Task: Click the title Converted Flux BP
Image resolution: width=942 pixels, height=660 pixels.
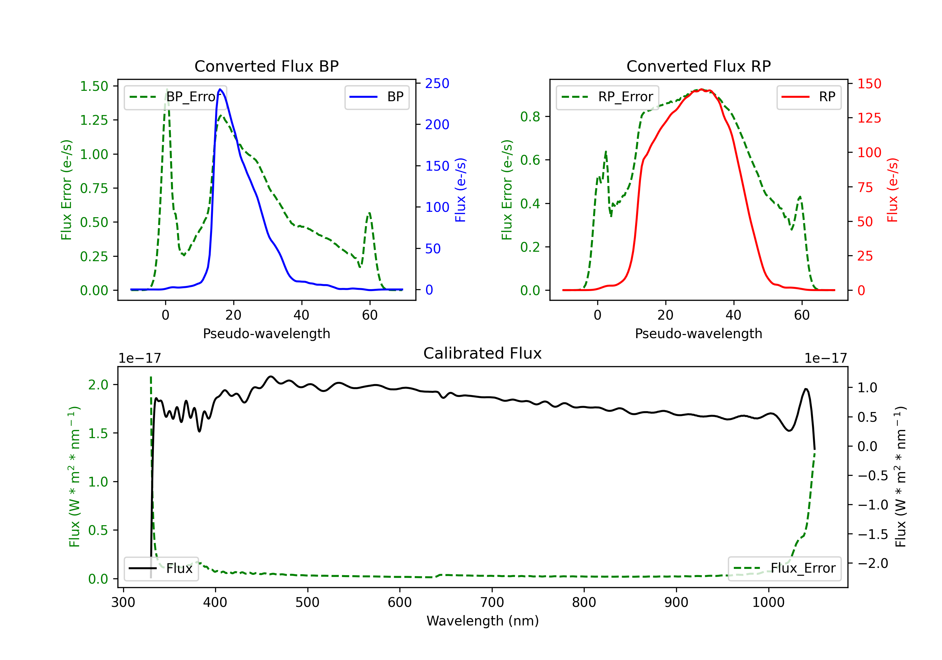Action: [266, 66]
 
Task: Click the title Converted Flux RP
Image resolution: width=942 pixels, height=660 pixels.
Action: [698, 66]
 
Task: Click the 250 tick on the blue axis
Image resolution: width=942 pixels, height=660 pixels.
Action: [437, 83]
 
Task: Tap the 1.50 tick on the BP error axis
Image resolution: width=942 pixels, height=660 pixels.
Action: [94, 86]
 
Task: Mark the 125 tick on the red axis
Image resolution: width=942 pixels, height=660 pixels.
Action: [869, 118]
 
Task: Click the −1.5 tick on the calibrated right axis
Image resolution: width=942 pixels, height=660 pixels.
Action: [873, 534]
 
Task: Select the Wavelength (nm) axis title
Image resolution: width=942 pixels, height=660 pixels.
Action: [483, 621]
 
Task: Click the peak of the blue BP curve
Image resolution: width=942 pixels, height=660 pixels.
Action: [220, 89]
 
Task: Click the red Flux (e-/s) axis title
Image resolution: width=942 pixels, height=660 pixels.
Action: [892, 190]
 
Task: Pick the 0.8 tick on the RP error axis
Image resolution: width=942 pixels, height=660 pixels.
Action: [530, 117]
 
